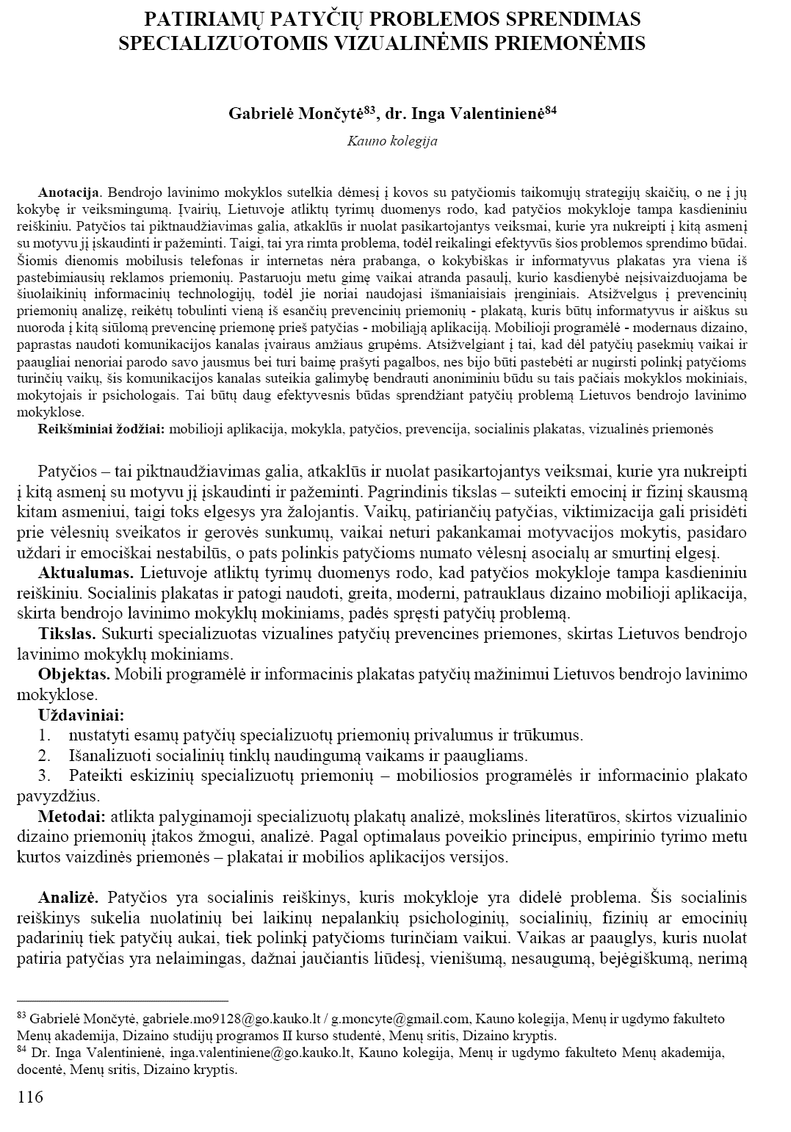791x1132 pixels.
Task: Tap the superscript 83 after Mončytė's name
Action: pyautogui.click(x=370, y=109)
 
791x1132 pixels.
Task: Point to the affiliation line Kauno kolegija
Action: pyautogui.click(x=392, y=140)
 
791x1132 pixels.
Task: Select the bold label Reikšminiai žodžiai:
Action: pyautogui.click(x=101, y=429)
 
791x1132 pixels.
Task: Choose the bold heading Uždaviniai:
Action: pyautogui.click(x=81, y=714)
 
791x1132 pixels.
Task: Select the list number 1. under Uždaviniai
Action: pyautogui.click(x=44, y=735)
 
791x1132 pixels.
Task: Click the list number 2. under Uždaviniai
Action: pyautogui.click(x=44, y=755)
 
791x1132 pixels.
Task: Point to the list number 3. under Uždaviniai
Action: pyautogui.click(x=44, y=776)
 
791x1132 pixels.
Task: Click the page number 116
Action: pyautogui.click(x=30, y=1097)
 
